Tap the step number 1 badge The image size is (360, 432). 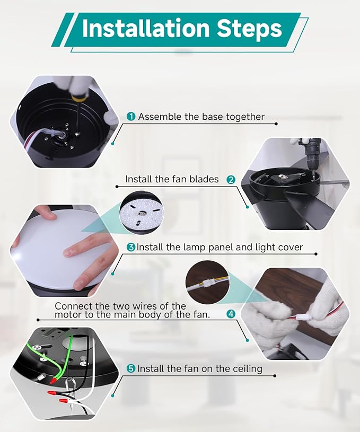[x=131, y=117]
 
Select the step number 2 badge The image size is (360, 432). [x=231, y=180]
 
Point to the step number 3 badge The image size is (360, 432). [x=131, y=247]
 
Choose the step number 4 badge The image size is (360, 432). [x=231, y=314]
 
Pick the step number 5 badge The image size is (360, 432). [x=131, y=368]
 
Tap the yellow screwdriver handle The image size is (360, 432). [x=75, y=97]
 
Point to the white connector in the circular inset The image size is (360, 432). [x=207, y=283]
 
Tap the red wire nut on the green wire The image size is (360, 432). [x=53, y=381]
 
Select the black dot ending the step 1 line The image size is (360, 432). [x=276, y=124]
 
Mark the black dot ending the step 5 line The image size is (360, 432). [x=275, y=376]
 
